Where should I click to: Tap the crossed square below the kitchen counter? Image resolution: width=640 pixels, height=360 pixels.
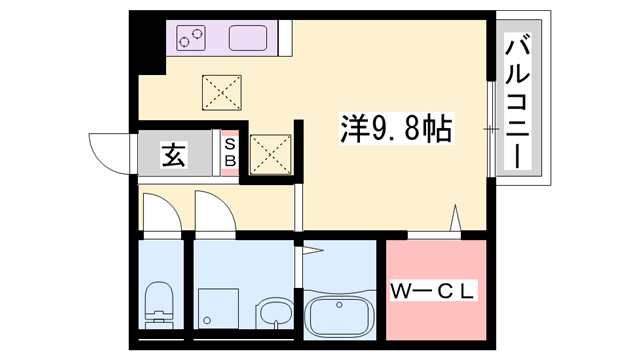point(221,93)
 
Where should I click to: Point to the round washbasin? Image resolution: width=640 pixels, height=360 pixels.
point(272,315)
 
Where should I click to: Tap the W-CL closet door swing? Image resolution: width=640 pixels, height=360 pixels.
point(456,221)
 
